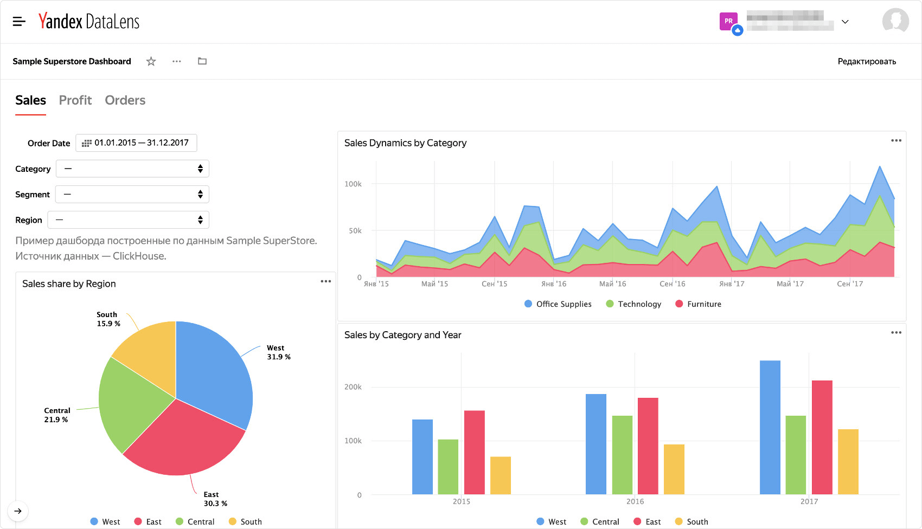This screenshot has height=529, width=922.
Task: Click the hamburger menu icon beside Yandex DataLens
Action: pyautogui.click(x=19, y=22)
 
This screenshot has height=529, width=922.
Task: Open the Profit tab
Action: pyautogui.click(x=75, y=100)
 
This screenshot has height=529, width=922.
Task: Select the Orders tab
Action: pyautogui.click(x=125, y=100)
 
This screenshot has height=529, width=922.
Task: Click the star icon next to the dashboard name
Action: pyautogui.click(x=151, y=61)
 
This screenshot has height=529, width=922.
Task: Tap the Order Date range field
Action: pyautogui.click(x=136, y=143)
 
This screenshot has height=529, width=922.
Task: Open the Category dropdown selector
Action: pyautogui.click(x=132, y=169)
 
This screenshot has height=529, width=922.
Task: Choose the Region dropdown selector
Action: pyautogui.click(x=129, y=220)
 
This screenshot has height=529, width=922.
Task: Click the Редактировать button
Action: pyautogui.click(x=866, y=61)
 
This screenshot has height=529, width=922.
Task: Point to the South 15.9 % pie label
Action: pyautogui.click(x=108, y=319)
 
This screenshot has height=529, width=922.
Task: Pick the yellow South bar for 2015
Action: pyautogui.click(x=500, y=475)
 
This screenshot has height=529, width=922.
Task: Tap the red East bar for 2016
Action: pyautogui.click(x=648, y=446)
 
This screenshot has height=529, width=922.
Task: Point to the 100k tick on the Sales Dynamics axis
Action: pyautogui.click(x=353, y=184)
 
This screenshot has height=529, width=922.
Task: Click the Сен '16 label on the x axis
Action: pyautogui.click(x=672, y=284)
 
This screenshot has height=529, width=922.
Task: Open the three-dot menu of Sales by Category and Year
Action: pyautogui.click(x=896, y=332)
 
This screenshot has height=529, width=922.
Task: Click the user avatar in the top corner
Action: pyautogui.click(x=895, y=21)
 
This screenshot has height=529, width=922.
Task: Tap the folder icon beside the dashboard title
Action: pyautogui.click(x=202, y=61)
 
